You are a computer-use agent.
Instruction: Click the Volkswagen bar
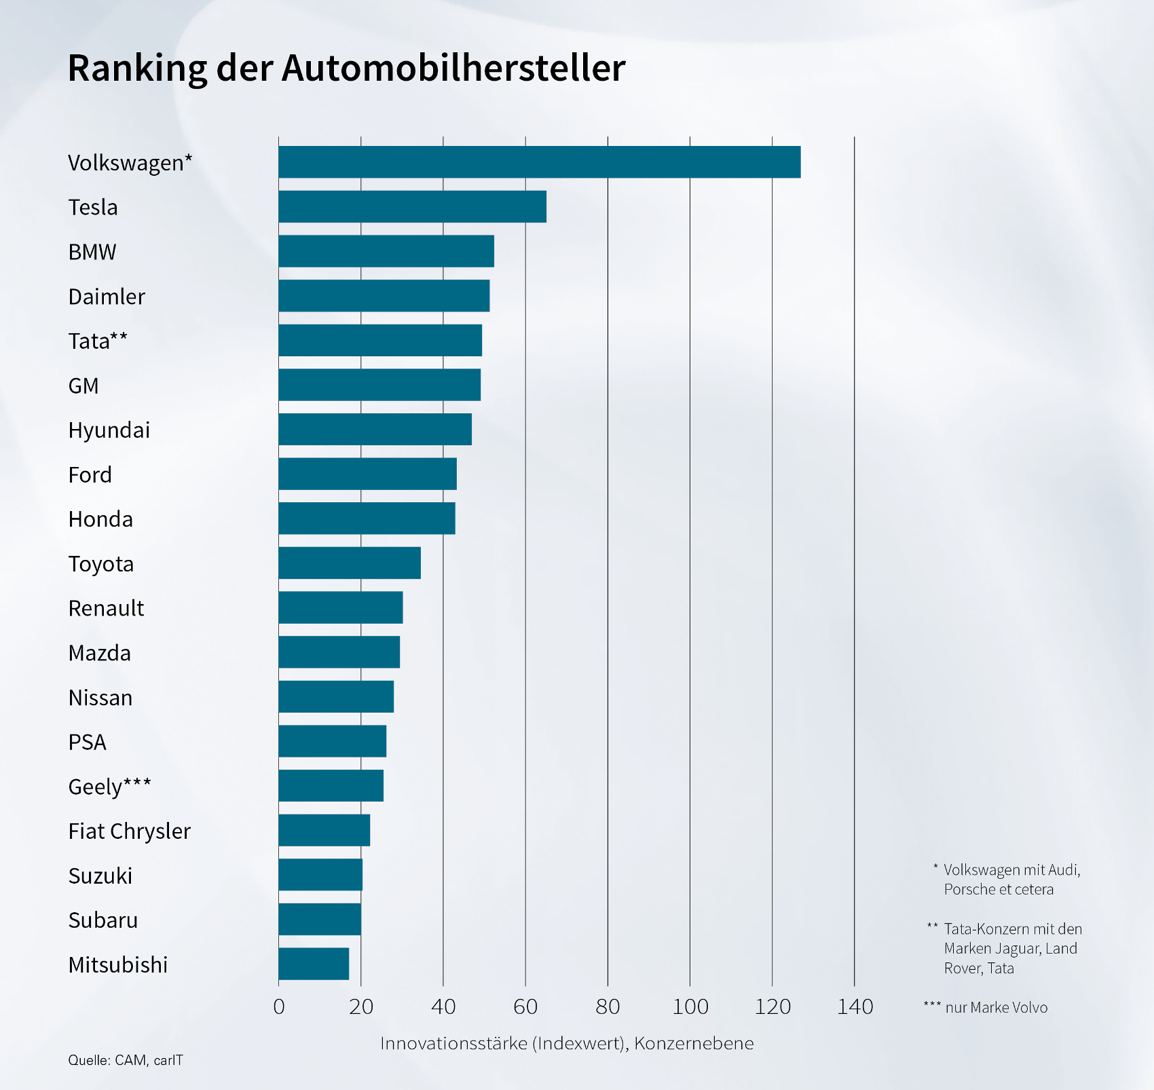coord(539,162)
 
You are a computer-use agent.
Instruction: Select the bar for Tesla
coord(412,207)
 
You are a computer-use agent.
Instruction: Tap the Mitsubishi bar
coord(314,964)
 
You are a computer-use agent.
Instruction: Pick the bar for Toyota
coord(350,563)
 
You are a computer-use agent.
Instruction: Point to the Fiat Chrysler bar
coord(324,830)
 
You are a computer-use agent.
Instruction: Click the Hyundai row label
coord(109,430)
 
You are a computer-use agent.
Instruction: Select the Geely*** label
coord(109,787)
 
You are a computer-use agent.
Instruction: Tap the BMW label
coord(92,252)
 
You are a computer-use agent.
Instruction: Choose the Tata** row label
coord(98,341)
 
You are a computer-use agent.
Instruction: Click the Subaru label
coord(103,920)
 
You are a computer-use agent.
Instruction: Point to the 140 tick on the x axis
coord(855,1007)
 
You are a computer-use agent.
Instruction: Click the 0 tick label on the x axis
coord(278,1007)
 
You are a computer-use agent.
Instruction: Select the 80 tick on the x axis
coord(608,1007)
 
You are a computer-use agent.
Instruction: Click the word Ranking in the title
coord(137,69)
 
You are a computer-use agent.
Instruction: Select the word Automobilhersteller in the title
coord(453,69)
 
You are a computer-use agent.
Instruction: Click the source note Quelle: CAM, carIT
coord(126,1060)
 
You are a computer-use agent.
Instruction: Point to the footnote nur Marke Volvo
coord(996,1008)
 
